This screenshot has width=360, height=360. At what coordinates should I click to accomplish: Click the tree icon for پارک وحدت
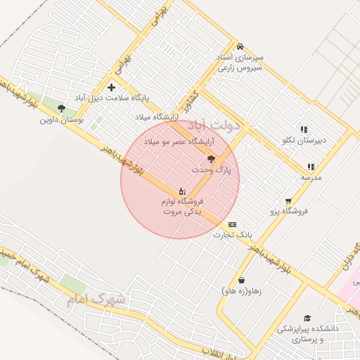[212, 160]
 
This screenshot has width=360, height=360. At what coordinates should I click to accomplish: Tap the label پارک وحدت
[211, 171]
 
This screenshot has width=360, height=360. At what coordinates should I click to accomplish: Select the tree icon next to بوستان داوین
[62, 109]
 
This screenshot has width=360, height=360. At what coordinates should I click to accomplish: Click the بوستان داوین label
[56, 120]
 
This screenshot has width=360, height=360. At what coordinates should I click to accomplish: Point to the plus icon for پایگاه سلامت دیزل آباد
[111, 87]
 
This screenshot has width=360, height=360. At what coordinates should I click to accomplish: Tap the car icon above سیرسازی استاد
[240, 45]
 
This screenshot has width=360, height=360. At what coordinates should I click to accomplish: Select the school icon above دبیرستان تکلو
[304, 129]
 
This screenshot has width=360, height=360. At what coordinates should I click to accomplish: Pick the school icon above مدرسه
[311, 167]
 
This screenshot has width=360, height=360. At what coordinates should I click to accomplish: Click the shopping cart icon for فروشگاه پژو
[288, 200]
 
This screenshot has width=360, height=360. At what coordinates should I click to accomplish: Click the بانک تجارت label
[233, 234]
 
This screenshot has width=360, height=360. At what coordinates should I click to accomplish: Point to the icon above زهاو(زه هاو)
[242, 280]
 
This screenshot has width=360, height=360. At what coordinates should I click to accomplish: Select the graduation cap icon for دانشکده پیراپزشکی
[307, 318]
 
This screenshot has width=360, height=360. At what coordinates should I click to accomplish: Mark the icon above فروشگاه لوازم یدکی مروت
[182, 191]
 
